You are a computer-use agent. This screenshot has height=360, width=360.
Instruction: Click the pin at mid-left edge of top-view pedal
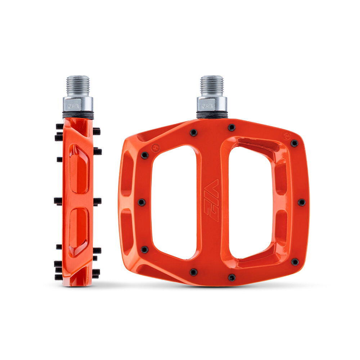[141, 202]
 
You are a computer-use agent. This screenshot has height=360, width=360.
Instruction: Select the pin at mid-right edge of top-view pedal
[301, 202]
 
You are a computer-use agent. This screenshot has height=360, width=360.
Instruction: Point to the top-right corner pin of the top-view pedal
[294, 143]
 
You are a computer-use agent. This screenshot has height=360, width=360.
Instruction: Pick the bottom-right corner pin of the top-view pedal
[295, 262]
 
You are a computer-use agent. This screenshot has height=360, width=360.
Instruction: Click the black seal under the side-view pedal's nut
[78, 115]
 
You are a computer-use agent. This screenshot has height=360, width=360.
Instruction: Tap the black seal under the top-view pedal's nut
[212, 116]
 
